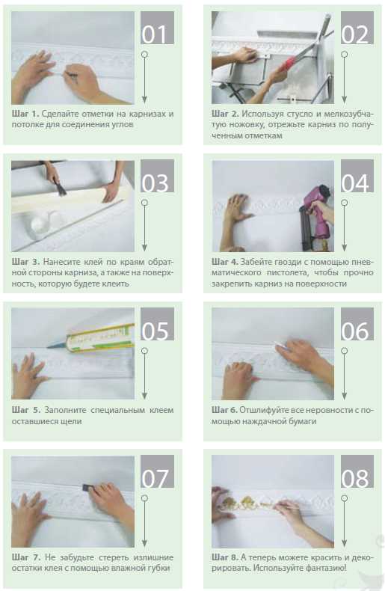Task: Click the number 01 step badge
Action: pyautogui.click(x=157, y=28)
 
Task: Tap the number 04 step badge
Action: pyautogui.click(x=357, y=176)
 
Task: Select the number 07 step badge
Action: pyautogui.click(x=157, y=471)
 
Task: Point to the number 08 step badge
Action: pyautogui.click(x=357, y=471)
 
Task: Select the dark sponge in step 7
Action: pyautogui.click(x=87, y=487)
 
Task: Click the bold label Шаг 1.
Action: pyautogui.click(x=25, y=114)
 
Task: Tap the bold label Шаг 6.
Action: pyautogui.click(x=224, y=410)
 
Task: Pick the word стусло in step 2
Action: pyautogui.click(x=300, y=114)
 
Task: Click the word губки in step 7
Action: pyautogui.click(x=160, y=568)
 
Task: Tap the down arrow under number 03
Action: pyautogui.click(x=144, y=225)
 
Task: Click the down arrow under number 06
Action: pyautogui.click(x=344, y=373)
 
